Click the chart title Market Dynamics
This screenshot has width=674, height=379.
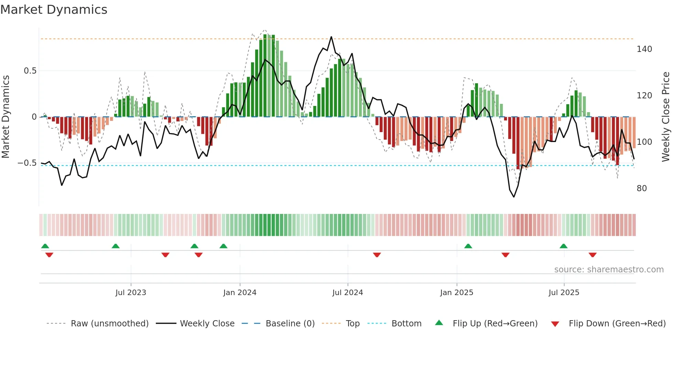tap(54, 10)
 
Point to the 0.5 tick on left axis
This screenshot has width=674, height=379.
tap(30, 71)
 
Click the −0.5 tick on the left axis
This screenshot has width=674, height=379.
tap(27, 163)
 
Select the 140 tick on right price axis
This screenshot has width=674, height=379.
tap(644, 49)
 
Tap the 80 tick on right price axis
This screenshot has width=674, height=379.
tap(642, 188)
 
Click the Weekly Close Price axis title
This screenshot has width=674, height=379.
tap(666, 117)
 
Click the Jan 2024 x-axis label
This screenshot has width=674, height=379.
tap(240, 293)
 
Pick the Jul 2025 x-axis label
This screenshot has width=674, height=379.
tap(564, 293)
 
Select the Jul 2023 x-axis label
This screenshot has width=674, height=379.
tap(131, 293)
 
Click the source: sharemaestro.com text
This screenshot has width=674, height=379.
tap(609, 270)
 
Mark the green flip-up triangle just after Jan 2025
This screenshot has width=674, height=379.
tap(468, 246)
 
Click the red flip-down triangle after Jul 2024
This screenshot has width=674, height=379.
tap(377, 255)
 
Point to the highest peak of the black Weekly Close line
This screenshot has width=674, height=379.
tap(331, 37)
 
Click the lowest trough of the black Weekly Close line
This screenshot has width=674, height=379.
tap(514, 197)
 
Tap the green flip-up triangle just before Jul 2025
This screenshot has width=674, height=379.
tap(563, 246)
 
